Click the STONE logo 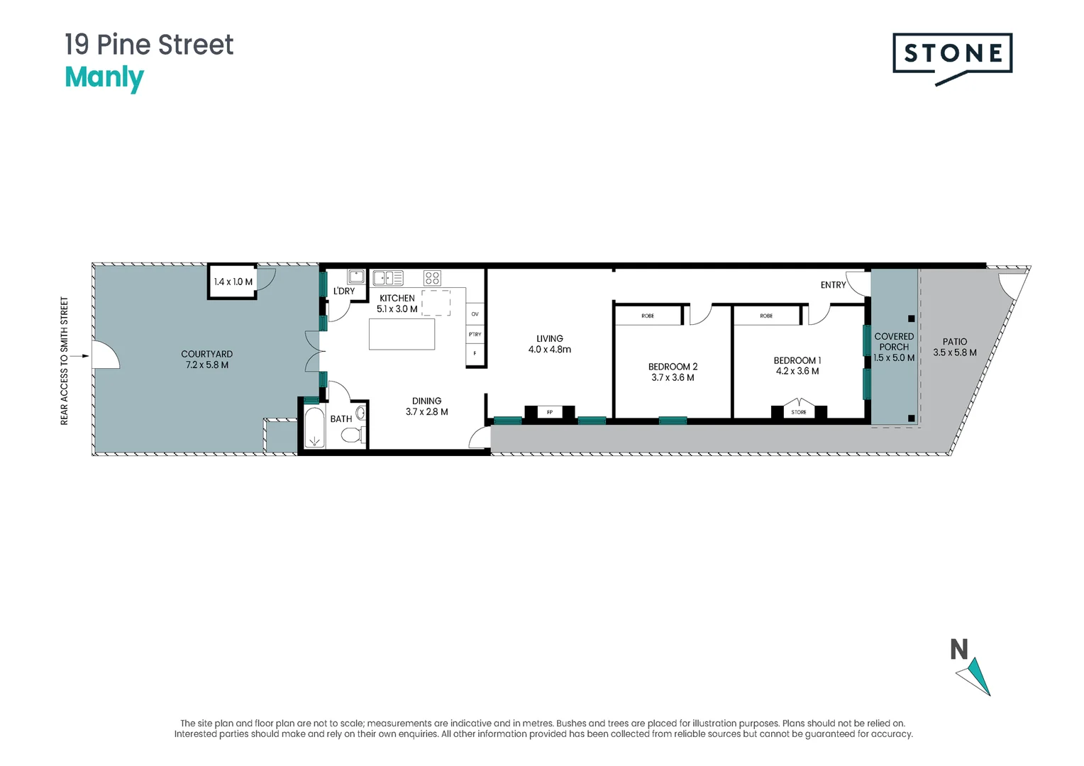pyautogui.click(x=952, y=58)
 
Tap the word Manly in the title pyautogui.click(x=104, y=78)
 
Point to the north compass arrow pyautogui.click(x=973, y=677)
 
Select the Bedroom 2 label pyautogui.click(x=673, y=367)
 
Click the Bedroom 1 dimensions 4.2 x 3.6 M pyautogui.click(x=797, y=371)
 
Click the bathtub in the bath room pyautogui.click(x=315, y=427)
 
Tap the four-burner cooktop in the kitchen pyautogui.click(x=432, y=278)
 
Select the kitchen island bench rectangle pyautogui.click(x=402, y=334)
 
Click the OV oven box pyautogui.click(x=475, y=314)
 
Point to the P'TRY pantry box pyautogui.click(x=475, y=334)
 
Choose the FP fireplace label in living pyautogui.click(x=550, y=412)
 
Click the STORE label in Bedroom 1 pyautogui.click(x=799, y=412)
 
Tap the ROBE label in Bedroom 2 pyautogui.click(x=648, y=316)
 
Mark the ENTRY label pyautogui.click(x=833, y=285)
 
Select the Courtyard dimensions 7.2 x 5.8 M pyautogui.click(x=207, y=365)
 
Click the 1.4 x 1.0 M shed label pyautogui.click(x=233, y=282)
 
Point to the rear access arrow pyautogui.click(x=79, y=356)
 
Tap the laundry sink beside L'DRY pyautogui.click(x=356, y=277)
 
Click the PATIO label pyautogui.click(x=954, y=342)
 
